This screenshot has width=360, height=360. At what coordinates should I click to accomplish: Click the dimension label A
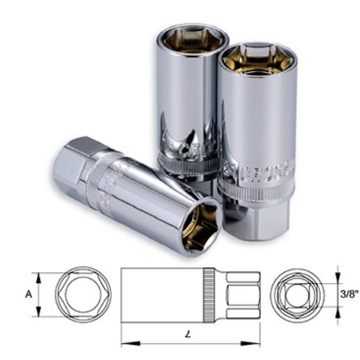click(29, 294)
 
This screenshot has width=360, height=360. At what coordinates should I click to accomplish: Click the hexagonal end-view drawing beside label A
click(73, 294)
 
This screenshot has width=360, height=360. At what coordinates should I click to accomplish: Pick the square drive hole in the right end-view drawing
click(298, 294)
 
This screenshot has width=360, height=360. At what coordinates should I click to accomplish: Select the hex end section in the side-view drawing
click(239, 294)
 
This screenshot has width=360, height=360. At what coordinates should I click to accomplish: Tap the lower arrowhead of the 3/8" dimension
click(335, 313)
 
